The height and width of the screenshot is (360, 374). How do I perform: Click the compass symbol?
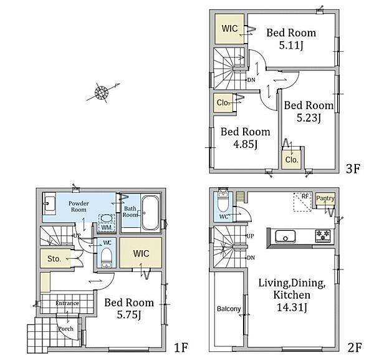click(102, 92)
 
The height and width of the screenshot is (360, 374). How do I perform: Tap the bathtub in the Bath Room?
click(150, 213)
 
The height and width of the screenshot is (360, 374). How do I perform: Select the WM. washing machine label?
click(107, 228)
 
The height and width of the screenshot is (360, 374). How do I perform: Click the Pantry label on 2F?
click(325, 198)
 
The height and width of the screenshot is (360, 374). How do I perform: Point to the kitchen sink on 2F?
click(285, 236)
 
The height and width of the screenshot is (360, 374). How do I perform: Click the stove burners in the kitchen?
click(323, 236)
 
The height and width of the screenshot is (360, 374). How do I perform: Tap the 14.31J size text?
click(292, 307)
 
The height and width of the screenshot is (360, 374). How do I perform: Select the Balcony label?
click(229, 309)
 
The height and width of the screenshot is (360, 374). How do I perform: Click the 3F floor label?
click(353, 169)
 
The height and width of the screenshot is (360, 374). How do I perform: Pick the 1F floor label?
click(181, 348)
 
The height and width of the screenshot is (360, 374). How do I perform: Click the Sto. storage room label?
click(54, 258)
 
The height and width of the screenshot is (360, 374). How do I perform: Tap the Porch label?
click(66, 329)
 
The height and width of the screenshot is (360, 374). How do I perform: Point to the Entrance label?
click(67, 303)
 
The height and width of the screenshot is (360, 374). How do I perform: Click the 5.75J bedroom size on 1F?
click(129, 315)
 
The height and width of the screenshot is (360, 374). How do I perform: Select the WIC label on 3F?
click(229, 29)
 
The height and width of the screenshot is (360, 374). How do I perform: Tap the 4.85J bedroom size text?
click(246, 144)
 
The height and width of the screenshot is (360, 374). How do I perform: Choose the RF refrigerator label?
click(305, 197)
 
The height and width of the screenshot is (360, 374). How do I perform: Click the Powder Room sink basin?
click(49, 203)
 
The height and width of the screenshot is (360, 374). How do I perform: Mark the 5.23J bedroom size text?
click(309, 118)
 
